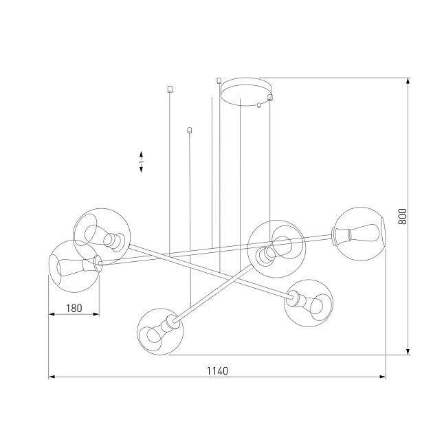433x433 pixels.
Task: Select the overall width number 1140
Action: (x=217, y=370)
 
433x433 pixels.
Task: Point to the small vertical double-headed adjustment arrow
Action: (x=141, y=162)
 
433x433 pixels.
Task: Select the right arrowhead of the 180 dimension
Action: (x=96, y=315)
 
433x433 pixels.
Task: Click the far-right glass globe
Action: (x=359, y=234)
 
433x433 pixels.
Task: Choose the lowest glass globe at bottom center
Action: (x=160, y=331)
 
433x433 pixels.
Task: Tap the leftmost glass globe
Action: (x=73, y=265)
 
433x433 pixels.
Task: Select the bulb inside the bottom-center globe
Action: (x=154, y=335)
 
